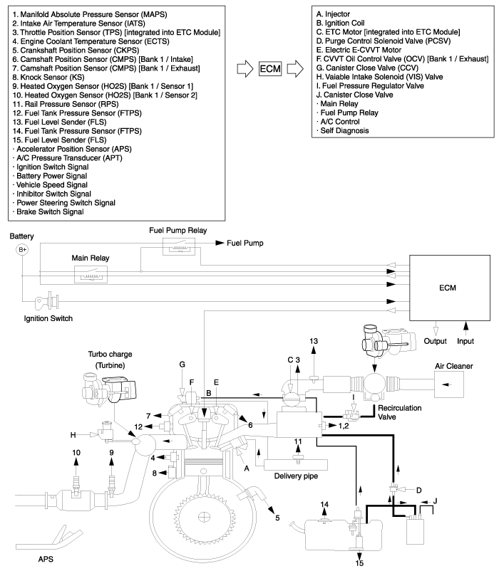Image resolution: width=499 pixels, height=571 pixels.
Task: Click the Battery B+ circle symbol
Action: (x=21, y=250)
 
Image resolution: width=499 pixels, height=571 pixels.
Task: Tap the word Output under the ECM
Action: (x=435, y=341)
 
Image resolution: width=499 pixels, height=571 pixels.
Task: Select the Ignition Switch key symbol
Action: (x=51, y=299)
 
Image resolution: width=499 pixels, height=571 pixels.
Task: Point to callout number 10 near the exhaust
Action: (x=75, y=453)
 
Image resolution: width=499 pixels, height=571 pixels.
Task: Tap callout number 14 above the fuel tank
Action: (x=325, y=505)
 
